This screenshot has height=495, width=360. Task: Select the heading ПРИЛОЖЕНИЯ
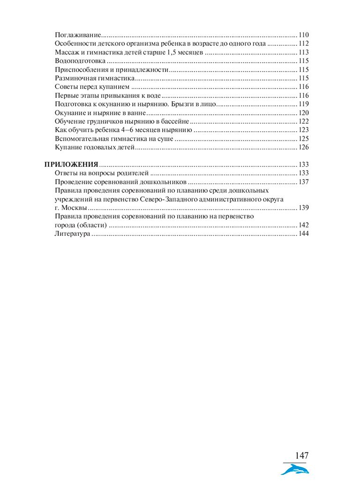71,165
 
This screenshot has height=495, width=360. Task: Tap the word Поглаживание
78,35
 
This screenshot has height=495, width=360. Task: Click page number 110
303,35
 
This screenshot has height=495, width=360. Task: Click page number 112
303,44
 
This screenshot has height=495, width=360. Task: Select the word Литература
72,233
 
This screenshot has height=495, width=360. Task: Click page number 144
303,233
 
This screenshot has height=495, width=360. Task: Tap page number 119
303,104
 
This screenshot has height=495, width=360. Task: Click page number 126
303,147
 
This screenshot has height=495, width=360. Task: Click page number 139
303,208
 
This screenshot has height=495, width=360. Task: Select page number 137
303,182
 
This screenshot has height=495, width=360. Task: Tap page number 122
303,121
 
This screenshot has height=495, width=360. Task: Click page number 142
303,225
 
